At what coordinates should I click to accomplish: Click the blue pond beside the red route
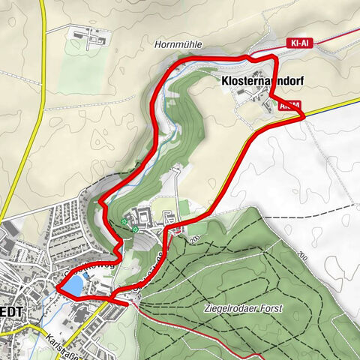point(73,285)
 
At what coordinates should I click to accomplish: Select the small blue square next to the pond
point(91,276)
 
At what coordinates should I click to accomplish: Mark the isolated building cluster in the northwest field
point(91,34)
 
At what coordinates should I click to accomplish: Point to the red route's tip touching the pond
point(56,288)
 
